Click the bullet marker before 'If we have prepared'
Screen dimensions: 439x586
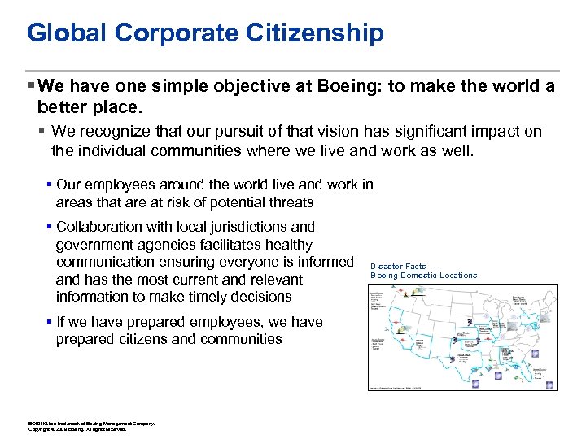point(50,322)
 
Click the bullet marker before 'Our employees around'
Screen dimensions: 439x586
point(50,185)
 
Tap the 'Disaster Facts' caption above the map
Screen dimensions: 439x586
point(398,267)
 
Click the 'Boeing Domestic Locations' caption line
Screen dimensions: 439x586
point(424,276)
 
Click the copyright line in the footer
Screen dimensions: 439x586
point(77,429)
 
